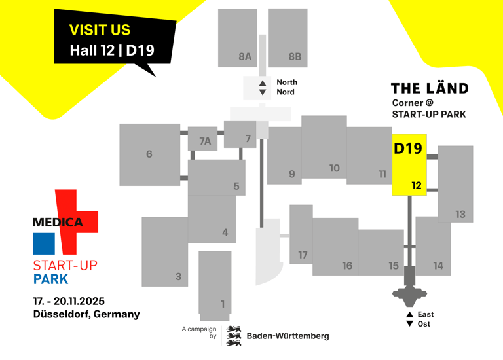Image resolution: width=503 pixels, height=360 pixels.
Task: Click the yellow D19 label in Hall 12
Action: click(407, 149)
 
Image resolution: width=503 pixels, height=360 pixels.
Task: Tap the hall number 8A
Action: click(244, 57)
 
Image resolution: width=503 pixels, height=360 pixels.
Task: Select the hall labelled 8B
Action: click(295, 57)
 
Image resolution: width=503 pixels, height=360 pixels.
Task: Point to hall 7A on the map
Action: click(205, 141)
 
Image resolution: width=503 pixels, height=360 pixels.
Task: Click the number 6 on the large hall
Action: click(149, 154)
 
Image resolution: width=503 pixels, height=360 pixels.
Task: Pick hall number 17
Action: click(303, 255)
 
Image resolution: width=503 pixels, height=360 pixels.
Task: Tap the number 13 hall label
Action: click(460, 214)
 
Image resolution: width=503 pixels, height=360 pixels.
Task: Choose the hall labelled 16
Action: click(347, 265)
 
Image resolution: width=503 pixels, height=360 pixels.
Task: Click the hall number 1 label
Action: click(223, 304)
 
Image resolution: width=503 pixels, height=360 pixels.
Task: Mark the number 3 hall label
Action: click(178, 277)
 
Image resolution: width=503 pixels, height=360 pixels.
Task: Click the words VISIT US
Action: click(100, 30)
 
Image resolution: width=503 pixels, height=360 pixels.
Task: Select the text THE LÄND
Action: click(430, 88)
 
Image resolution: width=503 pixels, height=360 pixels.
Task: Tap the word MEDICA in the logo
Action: click(58, 223)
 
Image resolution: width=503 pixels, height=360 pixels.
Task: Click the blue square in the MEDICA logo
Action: click(45, 243)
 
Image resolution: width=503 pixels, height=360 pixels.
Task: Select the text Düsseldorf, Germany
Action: click(86, 314)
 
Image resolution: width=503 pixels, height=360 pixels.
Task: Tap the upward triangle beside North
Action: click(263, 83)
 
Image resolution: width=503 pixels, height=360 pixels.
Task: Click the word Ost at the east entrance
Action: click(424, 324)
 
